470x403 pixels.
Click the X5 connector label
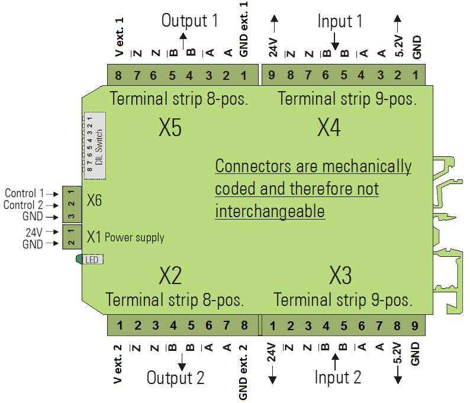[x=170, y=127]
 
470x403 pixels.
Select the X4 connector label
[x=329, y=127]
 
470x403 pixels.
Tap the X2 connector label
[x=170, y=275]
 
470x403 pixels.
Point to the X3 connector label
[x=340, y=275]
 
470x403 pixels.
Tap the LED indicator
[x=90, y=259]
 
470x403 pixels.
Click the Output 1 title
[x=189, y=21]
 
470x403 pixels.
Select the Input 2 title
[x=337, y=377]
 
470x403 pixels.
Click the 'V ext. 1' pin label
[x=120, y=37]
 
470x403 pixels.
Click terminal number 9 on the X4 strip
[x=271, y=75]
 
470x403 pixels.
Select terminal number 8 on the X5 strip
[x=118, y=75]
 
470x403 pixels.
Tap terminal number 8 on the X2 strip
[x=244, y=325]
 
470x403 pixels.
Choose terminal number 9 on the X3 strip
[x=415, y=325]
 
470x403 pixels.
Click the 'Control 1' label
[x=24, y=194]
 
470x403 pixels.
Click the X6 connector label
[x=94, y=201]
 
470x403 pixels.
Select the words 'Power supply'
[x=134, y=237]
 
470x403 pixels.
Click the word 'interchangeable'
[x=270, y=211]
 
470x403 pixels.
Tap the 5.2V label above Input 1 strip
[x=399, y=44]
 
